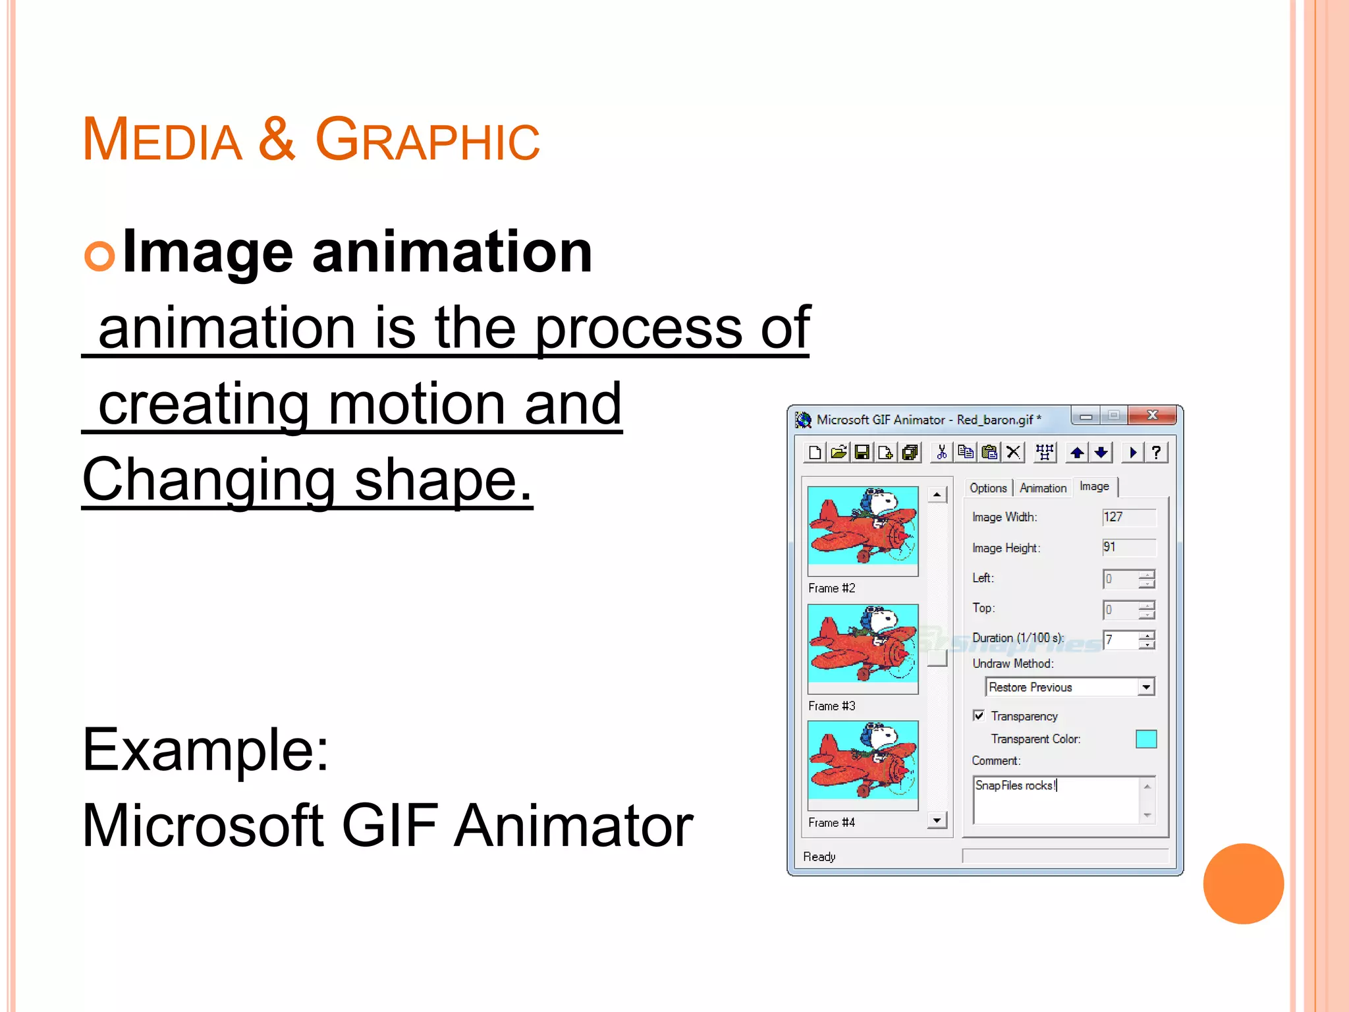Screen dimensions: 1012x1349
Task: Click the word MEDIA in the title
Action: (162, 139)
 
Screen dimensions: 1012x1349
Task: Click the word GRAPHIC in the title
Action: (427, 139)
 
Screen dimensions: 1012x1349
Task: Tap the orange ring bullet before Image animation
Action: (99, 256)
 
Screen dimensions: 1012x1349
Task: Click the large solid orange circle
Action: (1243, 884)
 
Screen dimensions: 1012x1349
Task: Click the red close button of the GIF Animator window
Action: (1152, 415)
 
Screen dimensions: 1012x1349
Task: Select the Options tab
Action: (988, 488)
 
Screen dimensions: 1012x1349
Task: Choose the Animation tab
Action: (1043, 488)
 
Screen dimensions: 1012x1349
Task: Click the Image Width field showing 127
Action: (1128, 517)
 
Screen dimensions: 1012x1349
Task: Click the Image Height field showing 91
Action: (1128, 548)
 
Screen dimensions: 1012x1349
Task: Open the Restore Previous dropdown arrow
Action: (1146, 687)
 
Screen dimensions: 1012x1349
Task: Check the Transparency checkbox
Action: (979, 716)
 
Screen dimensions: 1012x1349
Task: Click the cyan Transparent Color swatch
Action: (1146, 739)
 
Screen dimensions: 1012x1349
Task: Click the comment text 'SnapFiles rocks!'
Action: (1015, 785)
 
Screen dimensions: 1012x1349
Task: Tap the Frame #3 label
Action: (831, 706)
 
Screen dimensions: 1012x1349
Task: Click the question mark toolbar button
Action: (1156, 453)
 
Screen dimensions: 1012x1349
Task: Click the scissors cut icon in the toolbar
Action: (942, 453)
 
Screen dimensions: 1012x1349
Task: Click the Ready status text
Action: (819, 857)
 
